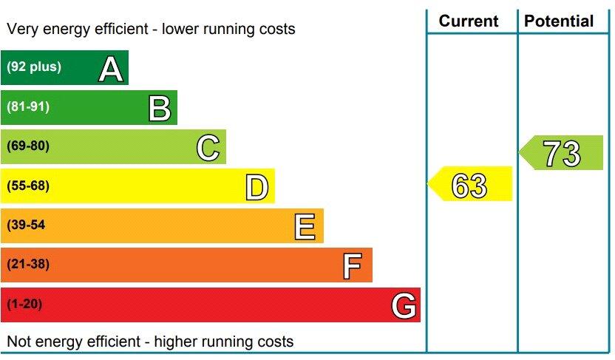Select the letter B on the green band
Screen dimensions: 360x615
pyautogui.click(x=159, y=108)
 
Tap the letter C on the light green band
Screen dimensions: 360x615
pyautogui.click(x=208, y=148)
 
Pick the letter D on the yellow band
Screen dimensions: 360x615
pyautogui.click(x=256, y=187)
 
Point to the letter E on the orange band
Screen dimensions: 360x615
pyautogui.click(x=305, y=226)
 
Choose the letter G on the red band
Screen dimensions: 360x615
pyautogui.click(x=404, y=305)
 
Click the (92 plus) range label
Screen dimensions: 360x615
pyautogui.click(x=34, y=67)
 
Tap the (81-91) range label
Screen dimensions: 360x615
pyautogui.click(x=28, y=106)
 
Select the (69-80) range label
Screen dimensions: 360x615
pyautogui.click(x=28, y=146)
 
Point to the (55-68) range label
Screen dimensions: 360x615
pyautogui.click(x=28, y=186)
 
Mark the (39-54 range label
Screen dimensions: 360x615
pyautogui.click(x=26, y=225)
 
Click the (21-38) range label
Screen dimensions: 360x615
pyautogui.click(x=28, y=265)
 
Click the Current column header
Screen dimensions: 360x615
pyautogui.click(x=469, y=21)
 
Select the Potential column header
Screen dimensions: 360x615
pyautogui.click(x=559, y=21)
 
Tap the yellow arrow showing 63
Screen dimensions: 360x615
pyautogui.click(x=470, y=185)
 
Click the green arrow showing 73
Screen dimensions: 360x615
pyautogui.click(x=561, y=154)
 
